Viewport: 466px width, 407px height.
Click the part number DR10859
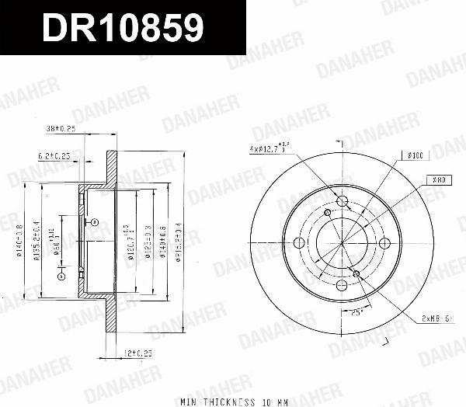click(123, 28)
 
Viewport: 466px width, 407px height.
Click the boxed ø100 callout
click(413, 156)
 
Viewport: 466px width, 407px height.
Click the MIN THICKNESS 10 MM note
click(234, 402)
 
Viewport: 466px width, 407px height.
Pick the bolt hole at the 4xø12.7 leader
click(343, 201)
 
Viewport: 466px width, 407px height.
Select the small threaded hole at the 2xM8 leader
click(356, 273)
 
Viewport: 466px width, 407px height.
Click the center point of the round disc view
click(343, 243)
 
